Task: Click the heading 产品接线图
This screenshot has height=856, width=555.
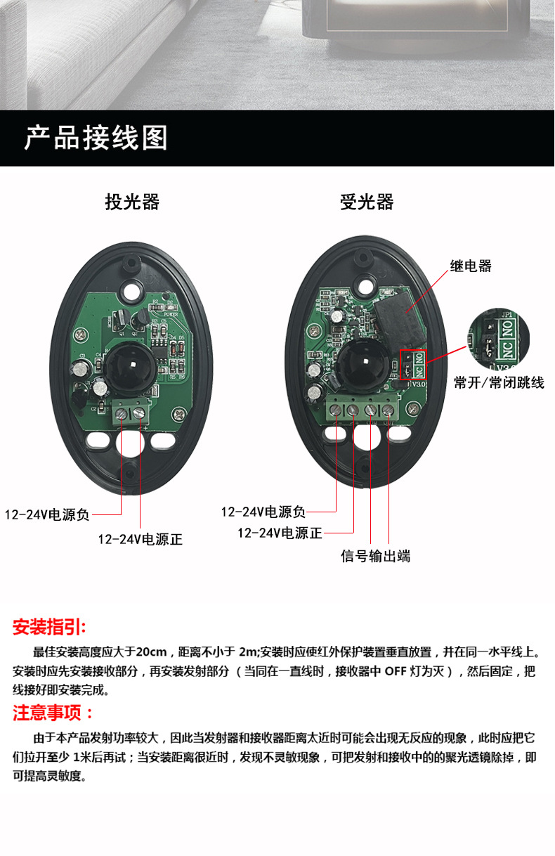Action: tap(96, 138)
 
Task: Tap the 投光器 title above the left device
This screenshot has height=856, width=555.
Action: tap(132, 202)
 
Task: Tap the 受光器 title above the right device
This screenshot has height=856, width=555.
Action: tap(367, 202)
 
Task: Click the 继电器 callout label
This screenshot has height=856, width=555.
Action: tap(471, 266)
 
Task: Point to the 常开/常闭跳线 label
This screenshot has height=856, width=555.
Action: tap(499, 382)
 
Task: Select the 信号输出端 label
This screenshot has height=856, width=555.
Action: tap(375, 556)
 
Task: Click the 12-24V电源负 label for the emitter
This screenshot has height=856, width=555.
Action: tap(46, 514)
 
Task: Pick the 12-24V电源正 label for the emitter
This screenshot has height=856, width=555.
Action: tap(141, 539)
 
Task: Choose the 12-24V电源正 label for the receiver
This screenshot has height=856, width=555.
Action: tap(280, 533)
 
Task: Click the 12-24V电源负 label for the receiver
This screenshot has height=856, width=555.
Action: tap(263, 512)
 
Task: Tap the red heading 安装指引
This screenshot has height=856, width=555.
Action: tap(49, 627)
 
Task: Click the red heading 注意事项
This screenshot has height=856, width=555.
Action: tap(53, 713)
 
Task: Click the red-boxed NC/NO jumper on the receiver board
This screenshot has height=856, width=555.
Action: tap(413, 365)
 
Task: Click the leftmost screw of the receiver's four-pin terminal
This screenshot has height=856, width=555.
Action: tap(335, 410)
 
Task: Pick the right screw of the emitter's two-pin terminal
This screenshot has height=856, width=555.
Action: tap(139, 413)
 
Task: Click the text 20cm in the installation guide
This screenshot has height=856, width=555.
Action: tap(151, 651)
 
